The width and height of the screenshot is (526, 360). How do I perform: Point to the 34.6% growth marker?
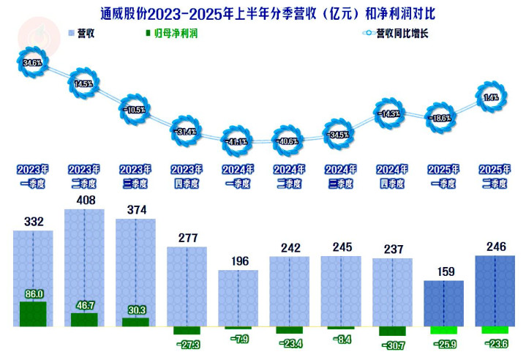click(x=32, y=64)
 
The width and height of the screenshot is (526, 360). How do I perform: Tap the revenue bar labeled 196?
click(x=238, y=296)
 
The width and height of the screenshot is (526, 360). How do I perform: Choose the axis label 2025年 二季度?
click(x=495, y=176)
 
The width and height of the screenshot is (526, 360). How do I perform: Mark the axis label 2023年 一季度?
click(x=33, y=176)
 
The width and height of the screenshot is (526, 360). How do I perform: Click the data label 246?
click(x=495, y=247)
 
